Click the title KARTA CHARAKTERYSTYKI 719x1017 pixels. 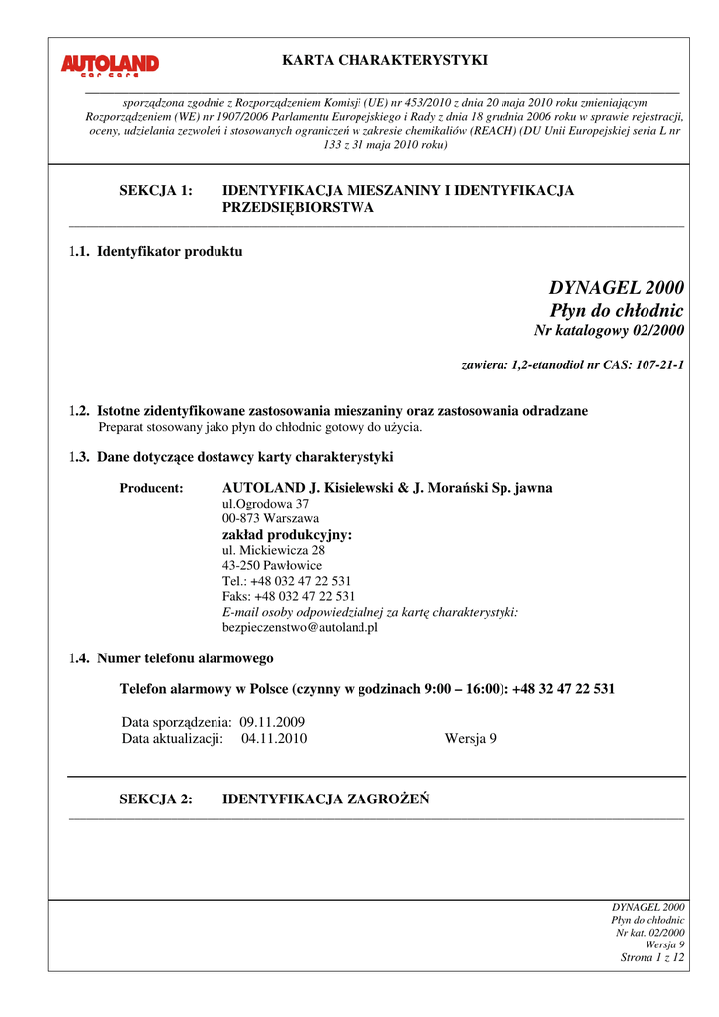click(x=384, y=61)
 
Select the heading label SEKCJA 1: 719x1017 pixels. click(x=156, y=190)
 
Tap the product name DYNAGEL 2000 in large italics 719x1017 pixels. click(x=617, y=288)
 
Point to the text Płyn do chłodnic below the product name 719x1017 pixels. click(x=617, y=311)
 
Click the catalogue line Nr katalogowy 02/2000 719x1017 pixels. click(x=609, y=331)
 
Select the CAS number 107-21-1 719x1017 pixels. click(x=652, y=365)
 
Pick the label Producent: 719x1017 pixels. click(x=151, y=488)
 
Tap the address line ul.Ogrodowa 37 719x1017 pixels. click(x=265, y=504)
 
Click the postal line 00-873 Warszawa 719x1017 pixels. click(x=270, y=518)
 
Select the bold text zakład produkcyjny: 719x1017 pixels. click(x=287, y=534)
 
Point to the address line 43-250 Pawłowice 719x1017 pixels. click(x=272, y=565)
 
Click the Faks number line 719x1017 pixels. click(x=288, y=596)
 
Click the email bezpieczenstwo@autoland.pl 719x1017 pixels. click(x=301, y=627)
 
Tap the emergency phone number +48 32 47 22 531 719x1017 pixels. click(x=563, y=688)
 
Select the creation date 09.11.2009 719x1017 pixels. click(x=272, y=722)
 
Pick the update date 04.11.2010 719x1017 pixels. click(x=274, y=738)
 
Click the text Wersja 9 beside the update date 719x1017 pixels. click(x=471, y=738)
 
